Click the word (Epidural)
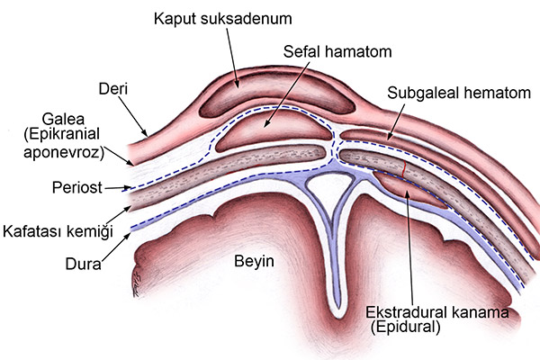402,328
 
